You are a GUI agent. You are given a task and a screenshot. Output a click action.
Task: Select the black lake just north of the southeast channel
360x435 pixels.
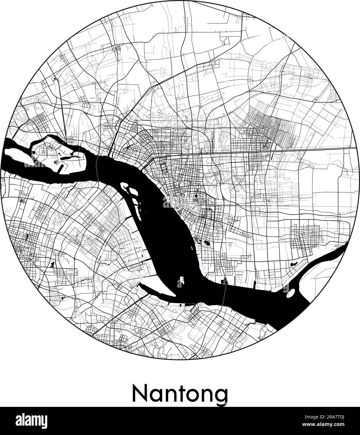point(294,264)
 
